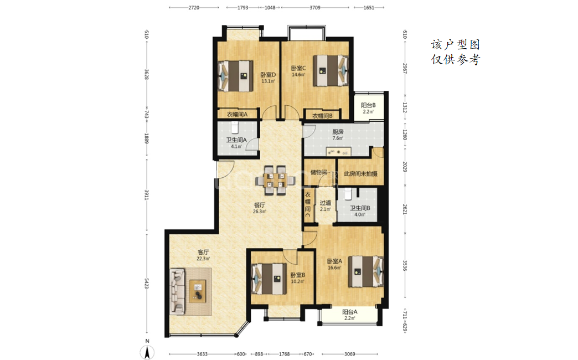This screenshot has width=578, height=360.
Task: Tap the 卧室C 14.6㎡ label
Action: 298,71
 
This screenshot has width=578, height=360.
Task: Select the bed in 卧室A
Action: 365,271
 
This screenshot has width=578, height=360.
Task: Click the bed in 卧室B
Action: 269,279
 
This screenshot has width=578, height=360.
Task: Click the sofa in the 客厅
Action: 177,291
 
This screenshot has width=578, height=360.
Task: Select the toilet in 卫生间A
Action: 235,127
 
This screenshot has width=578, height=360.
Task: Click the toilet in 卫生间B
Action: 347,193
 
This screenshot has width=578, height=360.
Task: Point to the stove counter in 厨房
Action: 338,152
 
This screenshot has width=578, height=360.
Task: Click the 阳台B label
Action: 368,105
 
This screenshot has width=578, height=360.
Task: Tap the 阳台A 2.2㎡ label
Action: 349,315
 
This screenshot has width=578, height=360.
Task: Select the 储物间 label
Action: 319,172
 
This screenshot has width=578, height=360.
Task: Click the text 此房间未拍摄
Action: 360,173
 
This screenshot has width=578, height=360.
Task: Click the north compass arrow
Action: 147,353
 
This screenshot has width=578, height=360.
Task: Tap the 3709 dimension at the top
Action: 315,7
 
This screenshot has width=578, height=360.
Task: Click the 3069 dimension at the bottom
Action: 349,354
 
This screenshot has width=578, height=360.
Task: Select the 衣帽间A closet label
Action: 237,114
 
